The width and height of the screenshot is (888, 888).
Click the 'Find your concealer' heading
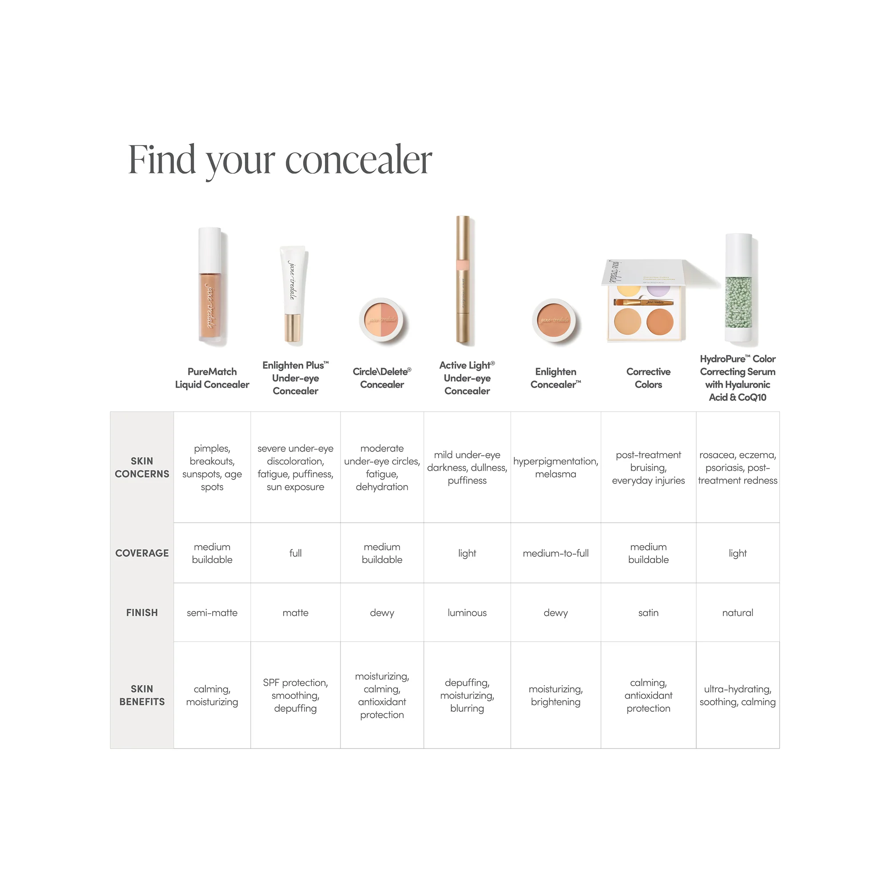pyautogui.click(x=279, y=160)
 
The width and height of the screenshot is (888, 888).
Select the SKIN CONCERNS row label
pyautogui.click(x=142, y=468)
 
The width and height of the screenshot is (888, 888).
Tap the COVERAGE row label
pyautogui.click(x=142, y=553)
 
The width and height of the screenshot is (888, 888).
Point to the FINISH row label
pyautogui.click(x=142, y=613)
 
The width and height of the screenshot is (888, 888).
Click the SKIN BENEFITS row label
pyautogui.click(x=142, y=695)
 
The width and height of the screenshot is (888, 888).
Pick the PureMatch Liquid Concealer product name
pyautogui.click(x=212, y=378)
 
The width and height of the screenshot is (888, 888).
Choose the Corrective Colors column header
pyautogui.click(x=648, y=378)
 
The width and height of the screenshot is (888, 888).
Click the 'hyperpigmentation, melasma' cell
pyautogui.click(x=556, y=468)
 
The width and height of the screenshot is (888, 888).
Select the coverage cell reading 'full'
pyautogui.click(x=296, y=553)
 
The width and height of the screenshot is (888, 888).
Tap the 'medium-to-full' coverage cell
pyautogui.click(x=556, y=553)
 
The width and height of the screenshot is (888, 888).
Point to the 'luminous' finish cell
pyautogui.click(x=467, y=613)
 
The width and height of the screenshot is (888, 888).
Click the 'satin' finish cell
pyautogui.click(x=648, y=613)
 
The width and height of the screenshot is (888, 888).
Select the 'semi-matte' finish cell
pyautogui.click(x=212, y=613)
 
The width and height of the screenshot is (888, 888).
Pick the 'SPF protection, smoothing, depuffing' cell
pyautogui.click(x=296, y=695)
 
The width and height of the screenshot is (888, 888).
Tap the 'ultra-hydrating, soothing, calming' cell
pyautogui.click(x=737, y=695)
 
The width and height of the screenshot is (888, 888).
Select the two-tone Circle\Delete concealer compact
pyautogui.click(x=381, y=320)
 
